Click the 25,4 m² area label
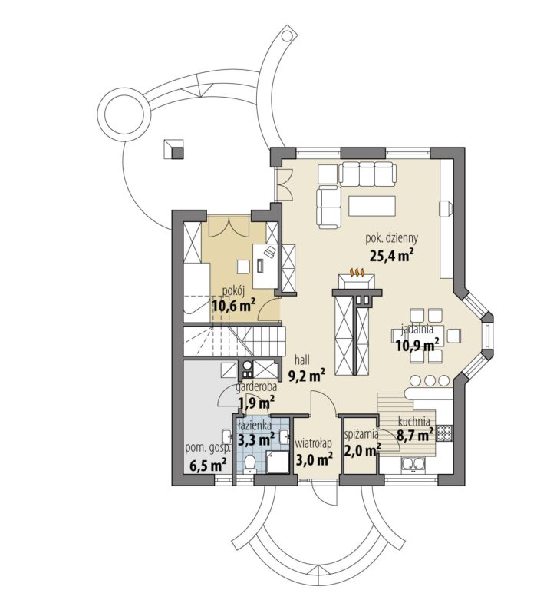[x=393, y=256]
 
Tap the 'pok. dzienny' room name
[x=392, y=238]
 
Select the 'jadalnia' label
[x=417, y=328]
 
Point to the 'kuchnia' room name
[x=414, y=421]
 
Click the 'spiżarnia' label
[x=361, y=434]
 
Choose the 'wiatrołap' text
[x=314, y=443]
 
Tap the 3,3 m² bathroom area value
[x=256, y=439]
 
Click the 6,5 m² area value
[x=209, y=466]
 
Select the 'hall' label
[x=302, y=360]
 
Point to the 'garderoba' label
[x=256, y=387]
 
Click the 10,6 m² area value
[x=234, y=306]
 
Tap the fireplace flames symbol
[x=357, y=273]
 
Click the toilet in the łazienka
[x=250, y=463]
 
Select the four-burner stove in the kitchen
[x=444, y=433]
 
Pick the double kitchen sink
[x=413, y=464]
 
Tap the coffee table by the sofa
[x=372, y=205]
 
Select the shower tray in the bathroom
[x=278, y=462]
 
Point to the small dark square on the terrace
[x=178, y=153]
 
